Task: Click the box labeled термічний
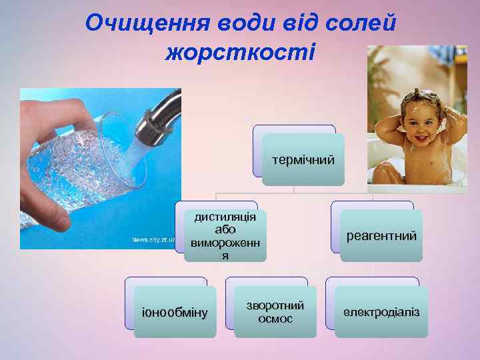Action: [x=303, y=159]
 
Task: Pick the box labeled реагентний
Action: [x=381, y=235]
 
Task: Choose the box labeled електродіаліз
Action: [x=381, y=312]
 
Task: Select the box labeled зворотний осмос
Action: [x=275, y=312]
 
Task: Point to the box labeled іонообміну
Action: [x=175, y=312]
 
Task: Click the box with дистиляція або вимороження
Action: [x=225, y=235]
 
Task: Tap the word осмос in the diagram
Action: [x=275, y=319]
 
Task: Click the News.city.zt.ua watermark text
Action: [x=153, y=239]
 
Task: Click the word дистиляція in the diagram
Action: [x=225, y=217]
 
